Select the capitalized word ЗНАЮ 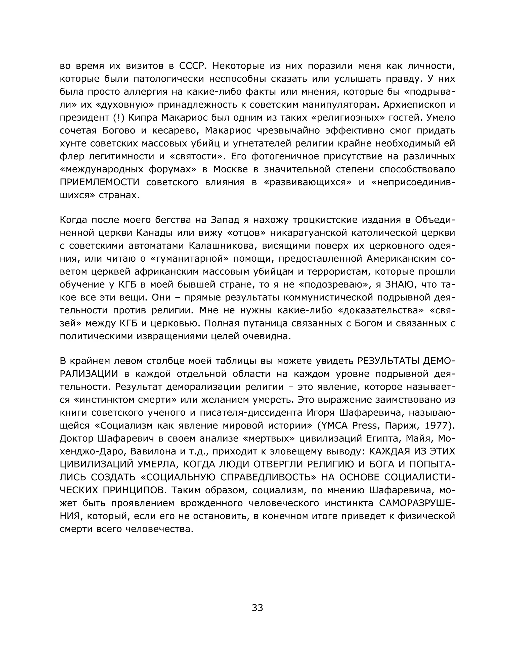(x=401, y=284)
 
